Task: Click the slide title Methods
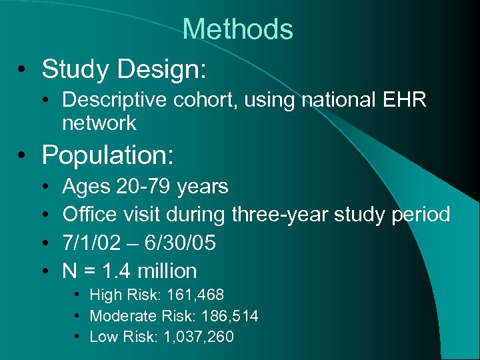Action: click(237, 29)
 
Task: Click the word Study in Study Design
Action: click(76, 68)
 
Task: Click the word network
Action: click(99, 123)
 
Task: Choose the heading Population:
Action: click(108, 155)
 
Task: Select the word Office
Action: click(88, 215)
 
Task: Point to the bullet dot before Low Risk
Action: click(78, 337)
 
